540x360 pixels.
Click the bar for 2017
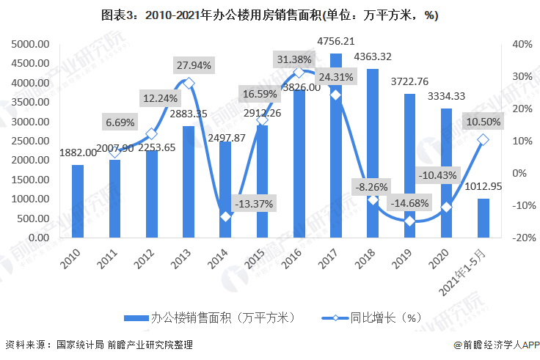pyautogui.click(x=335, y=147)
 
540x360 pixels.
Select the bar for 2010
pyautogui.click(x=78, y=201)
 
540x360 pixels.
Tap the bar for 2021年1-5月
pyautogui.click(x=484, y=218)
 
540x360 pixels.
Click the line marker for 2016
pyautogui.click(x=299, y=72)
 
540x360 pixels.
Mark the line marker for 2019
pyautogui.click(x=409, y=220)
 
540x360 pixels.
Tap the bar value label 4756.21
pyautogui.click(x=335, y=41)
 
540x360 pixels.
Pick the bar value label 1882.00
pyautogui.click(x=78, y=153)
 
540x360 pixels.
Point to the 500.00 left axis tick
pyautogui.click(x=33, y=218)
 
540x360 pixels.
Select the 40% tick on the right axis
pyautogui.click(x=522, y=44)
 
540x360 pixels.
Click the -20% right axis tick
pyautogui.click(x=520, y=238)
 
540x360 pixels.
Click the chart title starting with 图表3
pyautogui.click(x=270, y=15)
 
